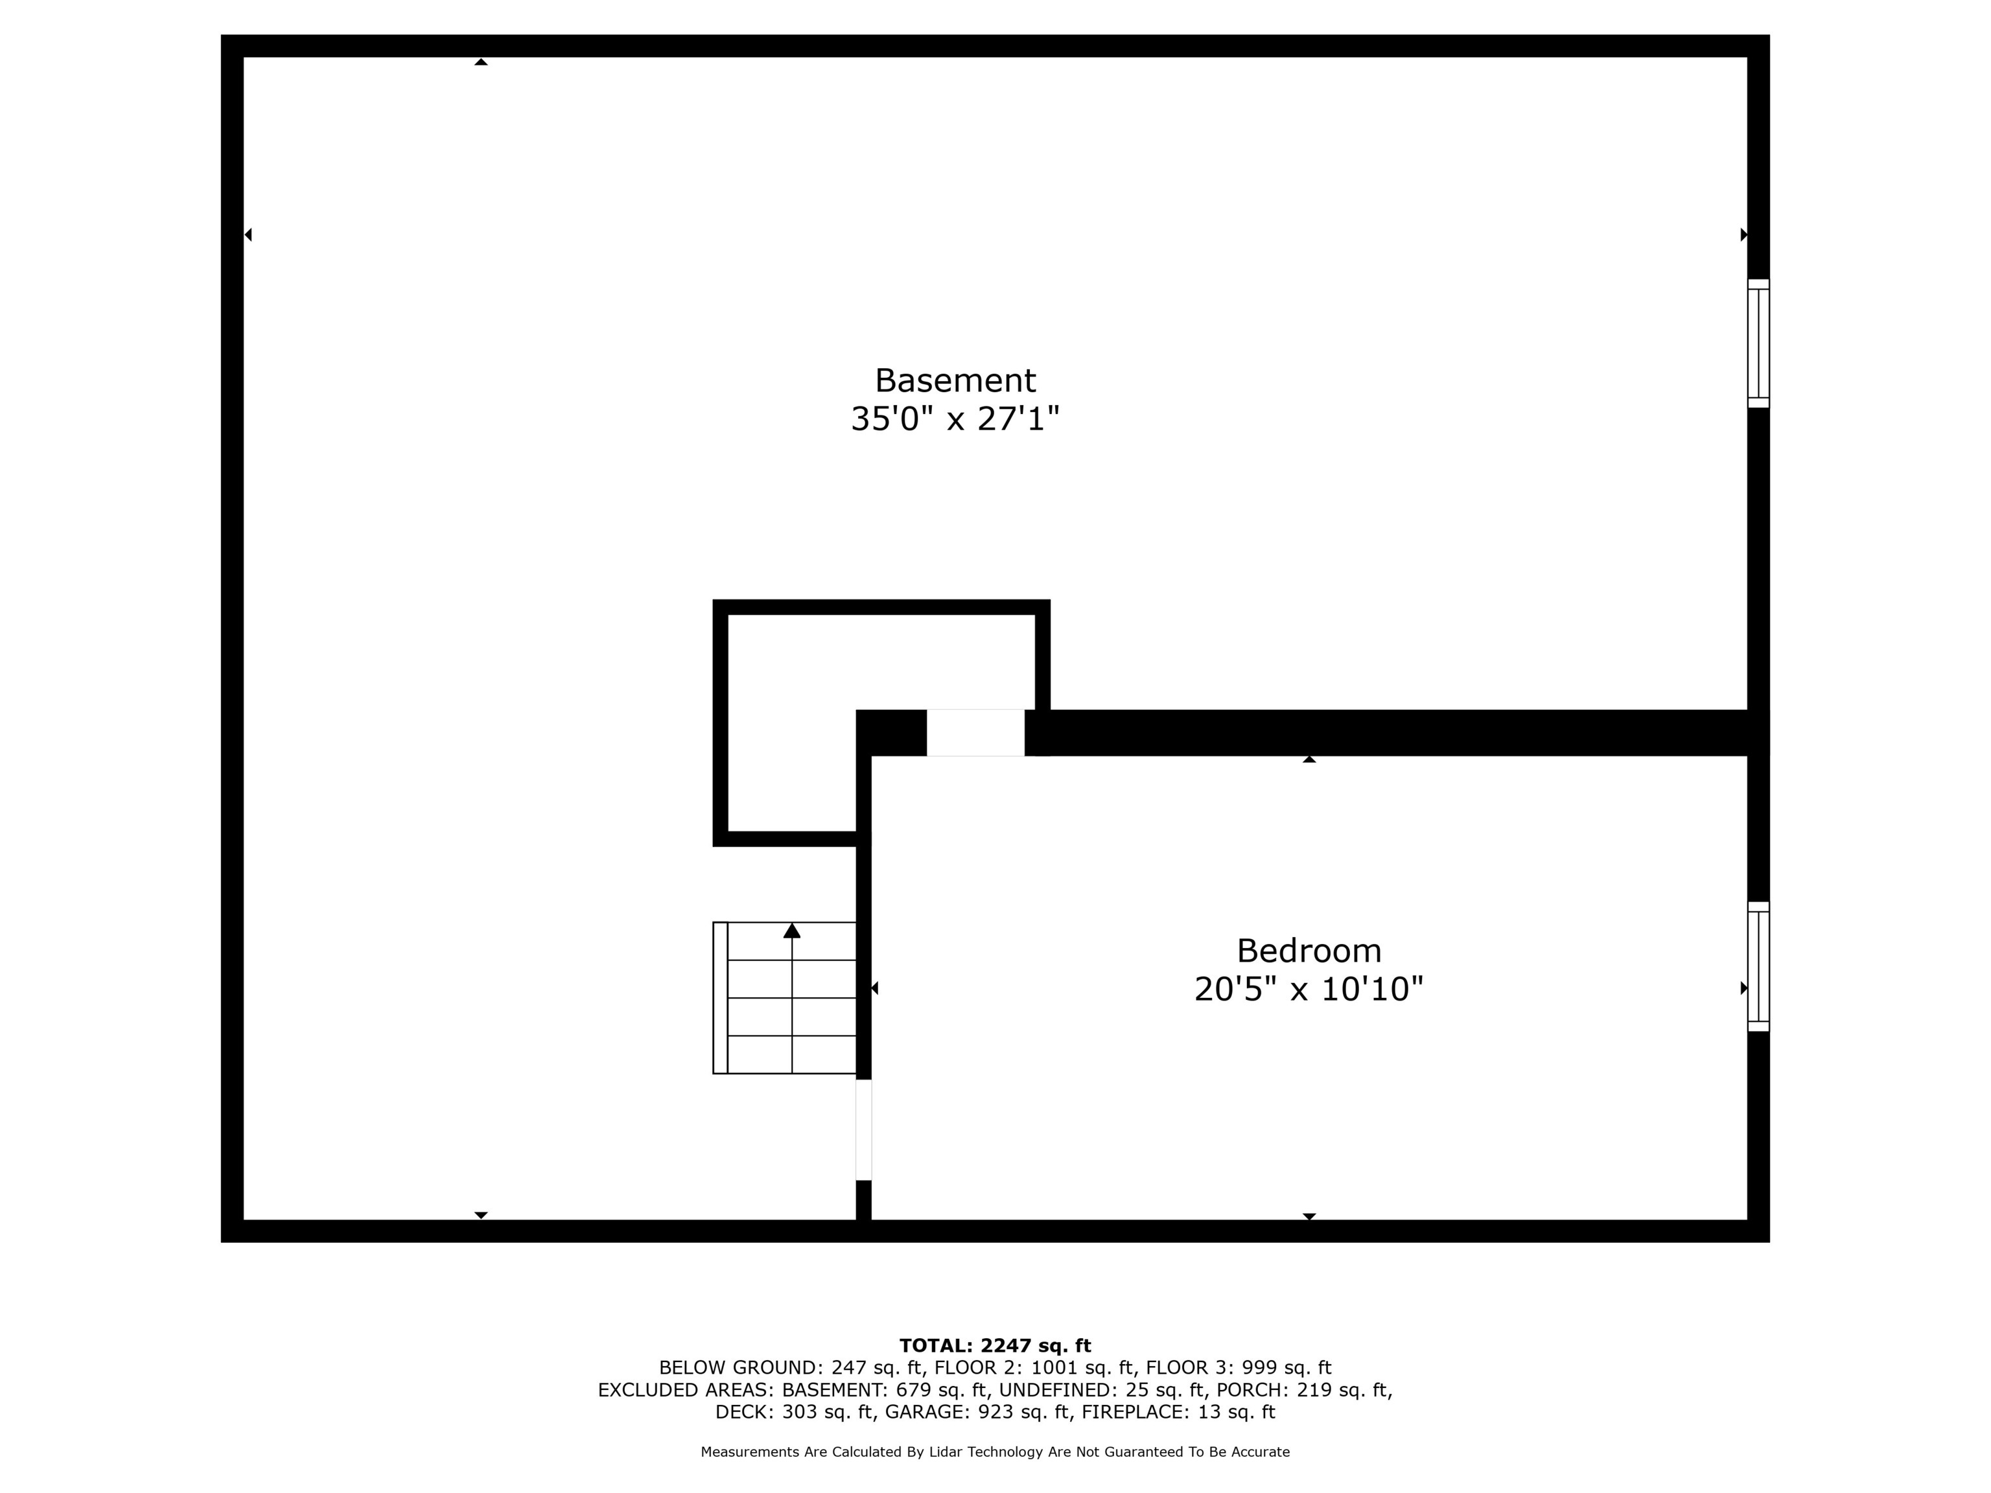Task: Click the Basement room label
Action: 955,380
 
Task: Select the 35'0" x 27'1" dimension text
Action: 955,419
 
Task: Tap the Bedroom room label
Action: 1308,951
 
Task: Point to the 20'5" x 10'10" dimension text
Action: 1308,989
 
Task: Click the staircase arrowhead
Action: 792,931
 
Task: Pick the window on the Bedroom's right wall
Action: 1758,967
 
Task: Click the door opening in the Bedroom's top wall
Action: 975,732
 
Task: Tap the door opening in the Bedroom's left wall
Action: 863,1129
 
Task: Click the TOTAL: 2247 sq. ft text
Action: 995,1345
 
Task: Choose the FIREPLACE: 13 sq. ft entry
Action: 1178,1412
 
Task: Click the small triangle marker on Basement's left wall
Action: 248,235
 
